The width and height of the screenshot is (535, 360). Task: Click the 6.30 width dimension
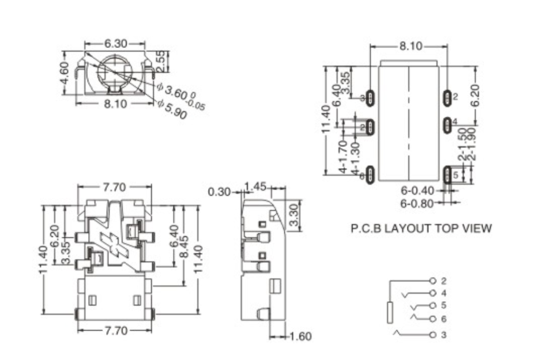116,44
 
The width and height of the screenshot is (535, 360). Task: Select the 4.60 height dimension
65,73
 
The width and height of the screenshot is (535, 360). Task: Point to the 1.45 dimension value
255,187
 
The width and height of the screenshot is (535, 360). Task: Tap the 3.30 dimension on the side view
293,215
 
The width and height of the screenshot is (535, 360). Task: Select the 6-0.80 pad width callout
417,202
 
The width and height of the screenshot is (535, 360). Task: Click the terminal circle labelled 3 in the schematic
433,335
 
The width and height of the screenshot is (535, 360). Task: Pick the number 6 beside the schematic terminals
443,319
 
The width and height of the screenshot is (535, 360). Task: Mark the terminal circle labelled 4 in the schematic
433,293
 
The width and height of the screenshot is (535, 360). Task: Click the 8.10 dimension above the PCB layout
410,46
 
